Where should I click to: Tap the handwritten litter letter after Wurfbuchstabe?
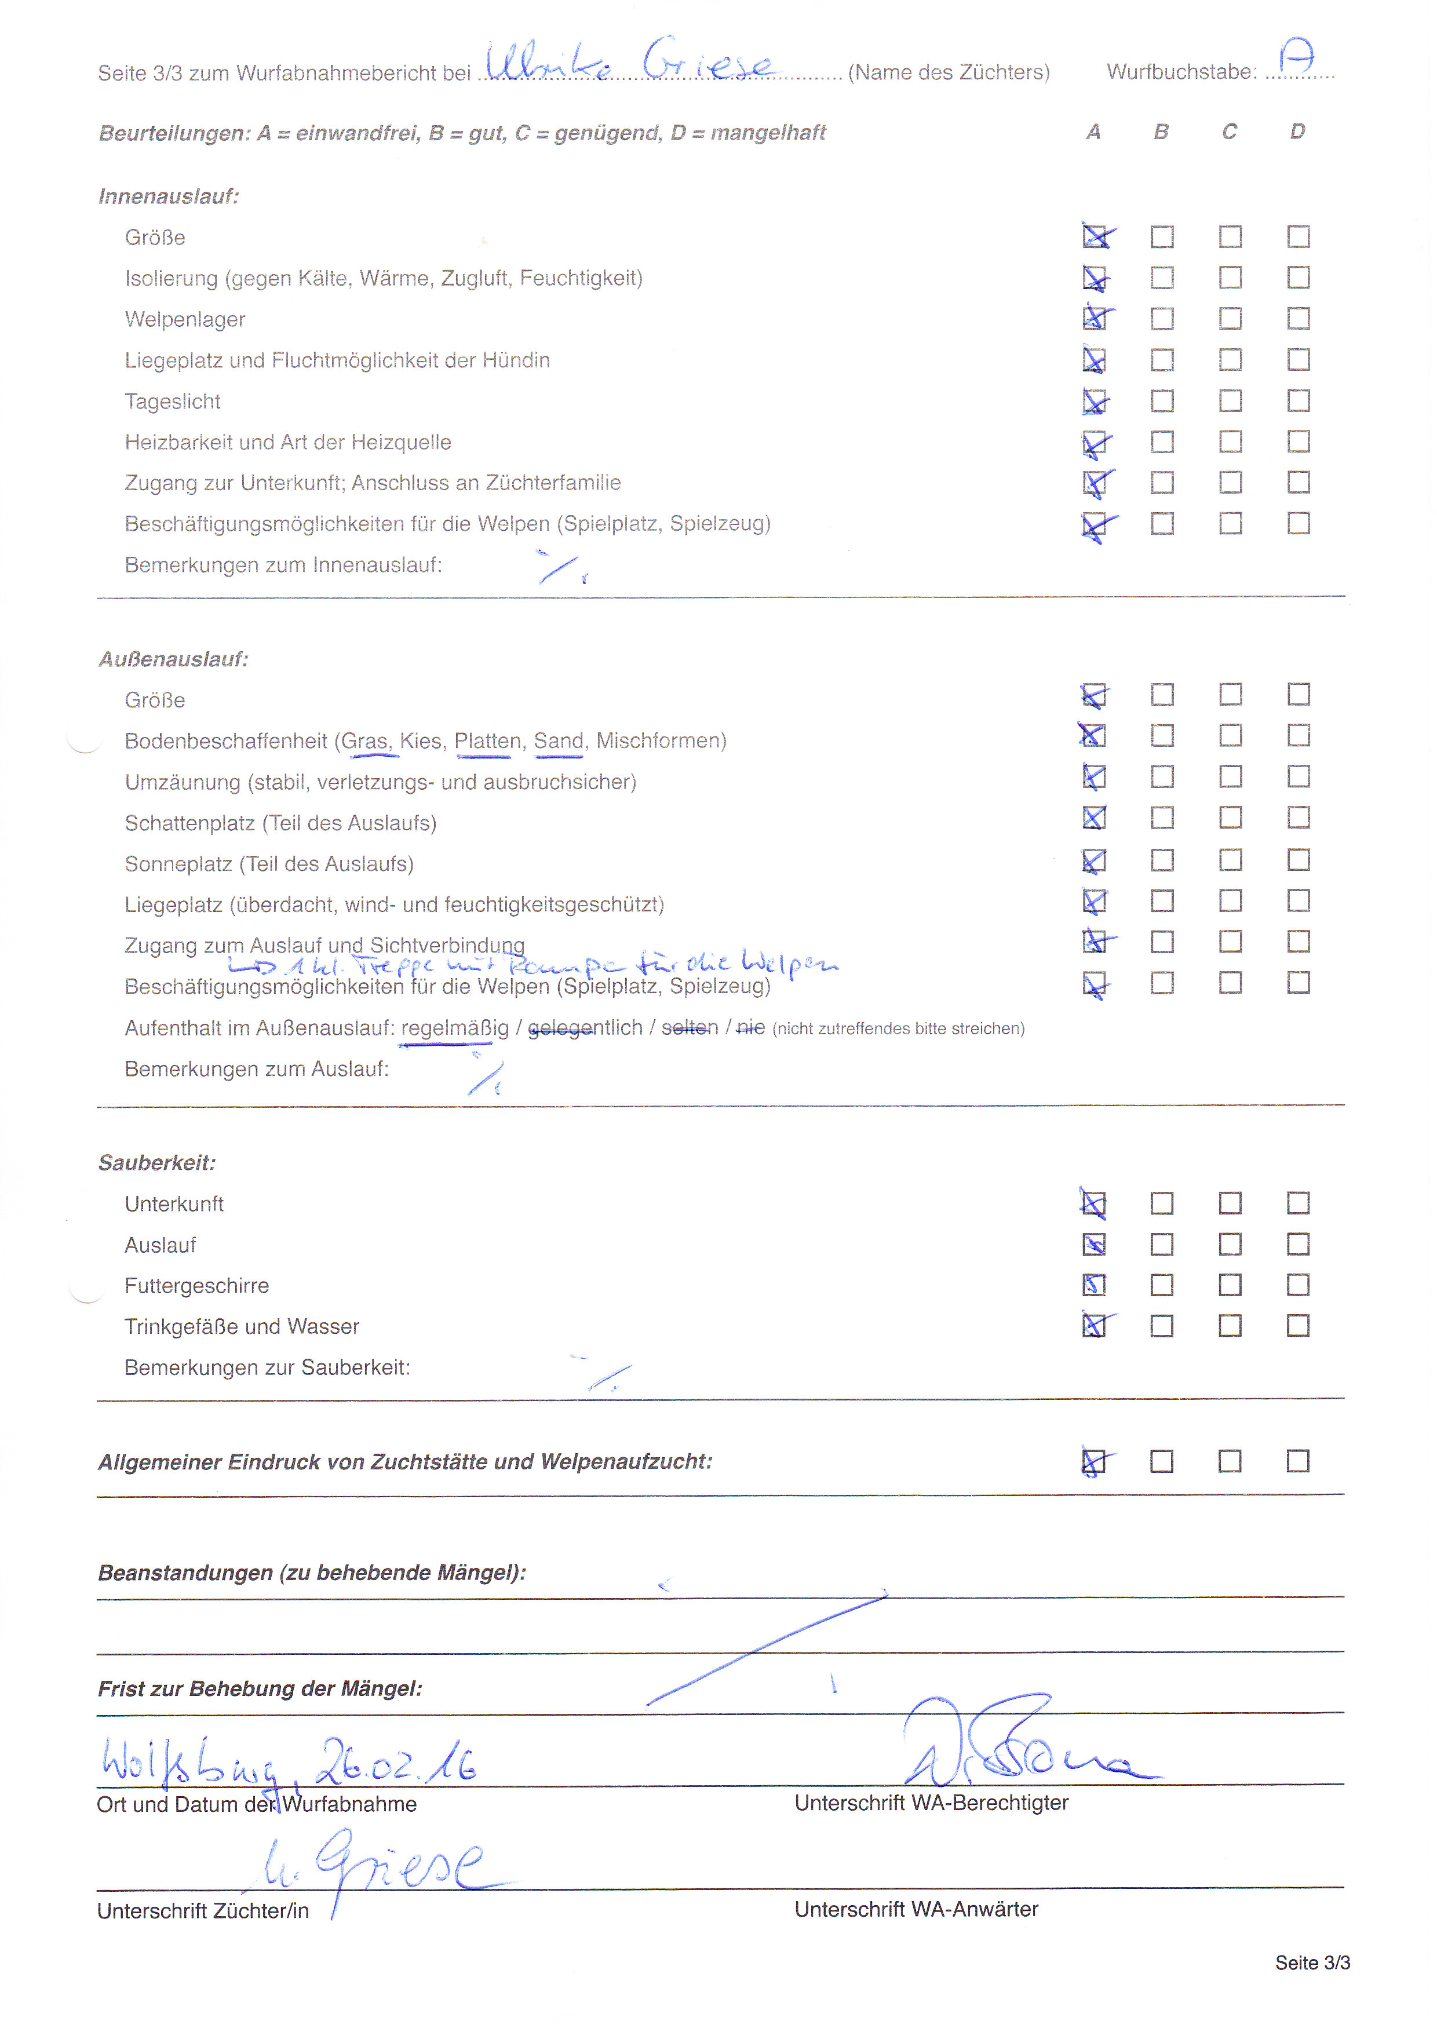click(1297, 59)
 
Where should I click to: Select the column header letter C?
click(1229, 132)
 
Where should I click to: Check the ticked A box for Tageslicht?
click(1095, 402)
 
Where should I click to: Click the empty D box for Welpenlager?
click(1298, 319)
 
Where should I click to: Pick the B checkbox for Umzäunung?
click(1162, 777)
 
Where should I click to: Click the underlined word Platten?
click(487, 740)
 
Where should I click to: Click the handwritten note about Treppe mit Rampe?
click(531, 964)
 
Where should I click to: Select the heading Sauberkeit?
click(156, 1162)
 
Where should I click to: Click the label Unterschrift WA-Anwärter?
click(916, 1909)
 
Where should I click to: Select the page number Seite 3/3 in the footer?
click(1312, 1962)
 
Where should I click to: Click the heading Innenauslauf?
click(168, 196)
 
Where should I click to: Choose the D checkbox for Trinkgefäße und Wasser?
click(1298, 1326)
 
